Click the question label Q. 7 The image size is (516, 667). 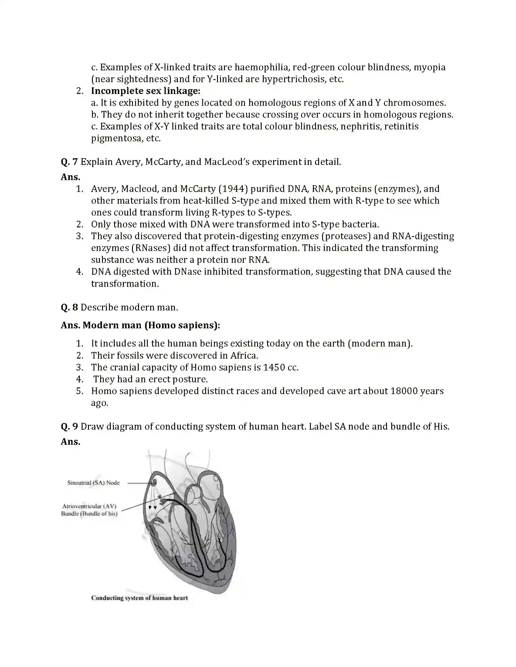click(70, 162)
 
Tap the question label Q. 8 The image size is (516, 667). click(70, 307)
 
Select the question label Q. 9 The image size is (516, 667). click(70, 427)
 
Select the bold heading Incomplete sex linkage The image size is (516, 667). click(145, 91)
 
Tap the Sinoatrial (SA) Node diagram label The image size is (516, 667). click(93, 483)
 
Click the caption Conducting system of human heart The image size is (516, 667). click(139, 598)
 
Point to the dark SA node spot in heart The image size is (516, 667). click(154, 482)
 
